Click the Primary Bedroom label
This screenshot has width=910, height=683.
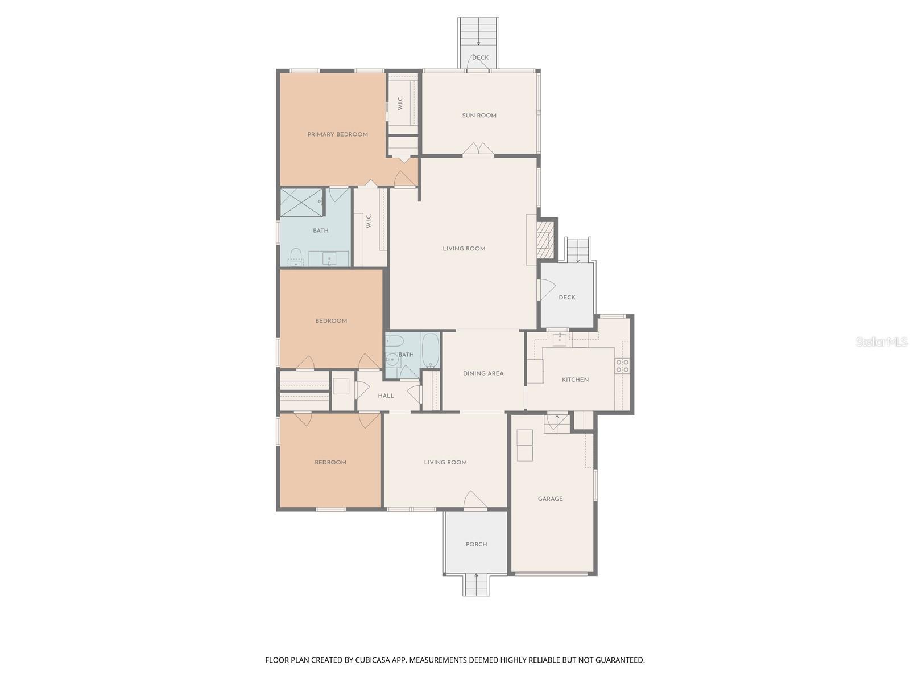click(337, 134)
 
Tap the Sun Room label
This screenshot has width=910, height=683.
click(479, 116)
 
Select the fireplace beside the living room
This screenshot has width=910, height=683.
click(545, 239)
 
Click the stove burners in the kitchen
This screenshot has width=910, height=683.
click(622, 365)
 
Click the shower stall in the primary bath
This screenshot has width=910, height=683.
click(301, 203)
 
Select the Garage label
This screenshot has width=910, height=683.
click(550, 499)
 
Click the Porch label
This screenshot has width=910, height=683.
click(476, 544)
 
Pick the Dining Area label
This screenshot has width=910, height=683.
click(483, 373)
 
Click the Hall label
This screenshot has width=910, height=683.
click(386, 396)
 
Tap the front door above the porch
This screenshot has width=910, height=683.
click(475, 501)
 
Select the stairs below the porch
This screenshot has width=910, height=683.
click(476, 585)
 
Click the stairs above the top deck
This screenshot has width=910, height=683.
click(479, 34)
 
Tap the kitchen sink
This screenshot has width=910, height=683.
click(559, 340)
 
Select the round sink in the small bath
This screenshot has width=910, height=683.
click(392, 359)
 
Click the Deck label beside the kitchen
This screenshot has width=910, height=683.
click(566, 297)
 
